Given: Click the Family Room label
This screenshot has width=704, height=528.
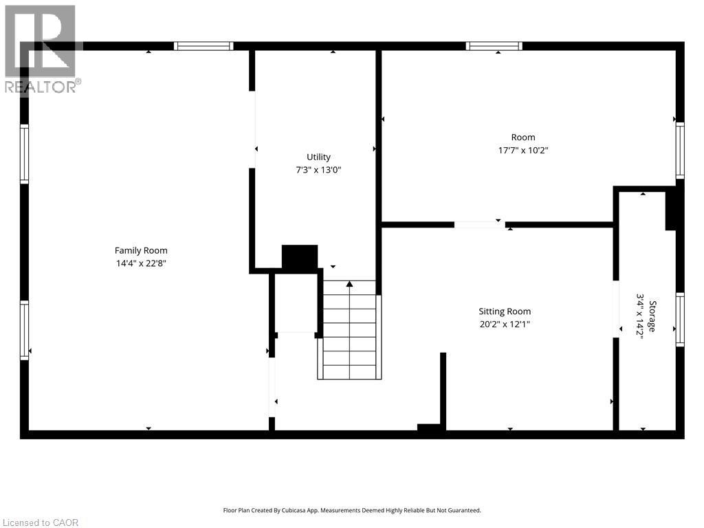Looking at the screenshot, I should pyautogui.click(x=141, y=251).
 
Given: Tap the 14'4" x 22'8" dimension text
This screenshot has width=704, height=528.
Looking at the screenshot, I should pyautogui.click(x=141, y=263).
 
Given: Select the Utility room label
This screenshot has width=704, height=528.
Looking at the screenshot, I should pyautogui.click(x=318, y=157).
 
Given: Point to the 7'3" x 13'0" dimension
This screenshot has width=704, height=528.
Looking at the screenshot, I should pyautogui.click(x=318, y=169).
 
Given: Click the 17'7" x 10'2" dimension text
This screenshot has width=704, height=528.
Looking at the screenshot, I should pyautogui.click(x=523, y=150).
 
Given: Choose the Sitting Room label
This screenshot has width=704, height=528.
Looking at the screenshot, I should pyautogui.click(x=505, y=311).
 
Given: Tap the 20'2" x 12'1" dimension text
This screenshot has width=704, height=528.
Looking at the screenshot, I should pyautogui.click(x=505, y=324).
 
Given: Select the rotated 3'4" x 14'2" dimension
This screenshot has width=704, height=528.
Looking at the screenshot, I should pyautogui.click(x=640, y=316).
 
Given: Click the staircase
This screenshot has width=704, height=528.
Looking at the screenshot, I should pyautogui.click(x=350, y=330).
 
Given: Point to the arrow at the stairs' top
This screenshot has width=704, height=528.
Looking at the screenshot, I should pyautogui.click(x=349, y=283).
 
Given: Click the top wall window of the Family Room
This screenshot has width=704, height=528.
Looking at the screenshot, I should pyautogui.click(x=203, y=46).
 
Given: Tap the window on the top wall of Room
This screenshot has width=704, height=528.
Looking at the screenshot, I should pyautogui.click(x=494, y=46).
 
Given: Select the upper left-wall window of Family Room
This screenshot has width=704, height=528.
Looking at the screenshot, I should pyautogui.click(x=25, y=154).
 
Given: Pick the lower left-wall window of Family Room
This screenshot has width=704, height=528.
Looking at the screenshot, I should pyautogui.click(x=25, y=330).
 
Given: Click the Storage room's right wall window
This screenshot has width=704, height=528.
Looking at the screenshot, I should pyautogui.click(x=680, y=319).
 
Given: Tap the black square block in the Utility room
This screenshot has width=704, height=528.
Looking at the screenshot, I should pyautogui.click(x=300, y=257).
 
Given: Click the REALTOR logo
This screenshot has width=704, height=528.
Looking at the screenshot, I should pyautogui.click(x=41, y=48).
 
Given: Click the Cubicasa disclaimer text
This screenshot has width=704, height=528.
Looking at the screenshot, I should pyautogui.click(x=352, y=510).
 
